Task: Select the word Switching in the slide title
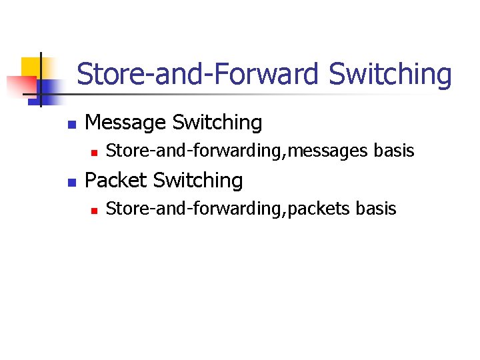pos(390,75)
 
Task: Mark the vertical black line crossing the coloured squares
pos(41,79)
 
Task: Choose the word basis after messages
pos(394,151)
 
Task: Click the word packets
pos(320,209)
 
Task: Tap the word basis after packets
pos(376,209)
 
